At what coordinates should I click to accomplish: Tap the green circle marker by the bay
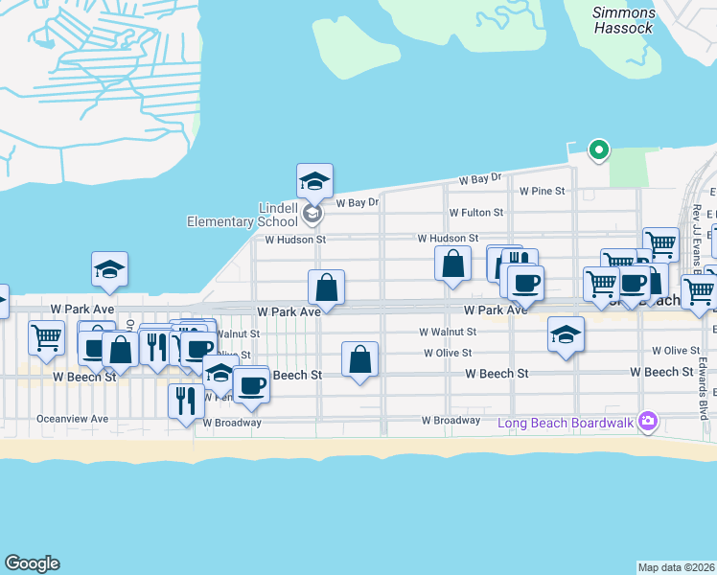599,149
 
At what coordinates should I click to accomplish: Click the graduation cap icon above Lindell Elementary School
314,180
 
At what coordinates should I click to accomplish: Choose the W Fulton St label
475,213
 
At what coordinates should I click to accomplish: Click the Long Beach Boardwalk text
566,423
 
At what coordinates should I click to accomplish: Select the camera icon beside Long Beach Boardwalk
648,422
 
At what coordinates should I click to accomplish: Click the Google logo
32,563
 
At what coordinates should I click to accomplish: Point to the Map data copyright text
677,567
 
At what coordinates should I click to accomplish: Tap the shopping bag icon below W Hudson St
452,263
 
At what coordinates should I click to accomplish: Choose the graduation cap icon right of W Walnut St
566,334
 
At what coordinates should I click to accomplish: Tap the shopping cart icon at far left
46,337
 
